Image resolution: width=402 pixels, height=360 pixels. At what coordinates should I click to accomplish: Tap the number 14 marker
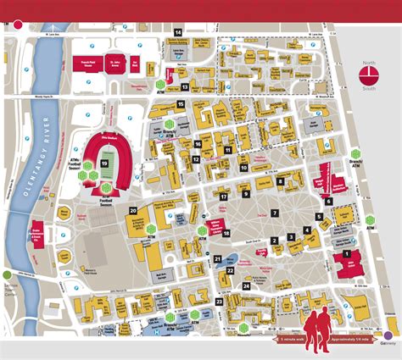click(x=178, y=31)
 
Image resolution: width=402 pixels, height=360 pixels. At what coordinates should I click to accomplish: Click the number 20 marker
click(x=133, y=210)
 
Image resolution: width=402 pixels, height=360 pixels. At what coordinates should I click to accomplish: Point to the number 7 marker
click(x=274, y=213)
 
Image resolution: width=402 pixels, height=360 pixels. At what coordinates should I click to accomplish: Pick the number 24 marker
click(x=246, y=286)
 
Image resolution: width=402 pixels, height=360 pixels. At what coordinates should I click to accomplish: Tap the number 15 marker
click(x=180, y=103)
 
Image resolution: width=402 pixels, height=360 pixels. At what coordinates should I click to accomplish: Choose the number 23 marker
click(x=219, y=301)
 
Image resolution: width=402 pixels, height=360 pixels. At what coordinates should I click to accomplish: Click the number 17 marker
click(x=223, y=197)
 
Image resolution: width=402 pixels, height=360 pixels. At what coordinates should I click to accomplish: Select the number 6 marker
click(x=328, y=201)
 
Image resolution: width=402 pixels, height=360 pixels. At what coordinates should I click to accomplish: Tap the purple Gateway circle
click(x=389, y=343)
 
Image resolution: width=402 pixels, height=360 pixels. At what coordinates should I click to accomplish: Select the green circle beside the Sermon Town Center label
click(x=8, y=274)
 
